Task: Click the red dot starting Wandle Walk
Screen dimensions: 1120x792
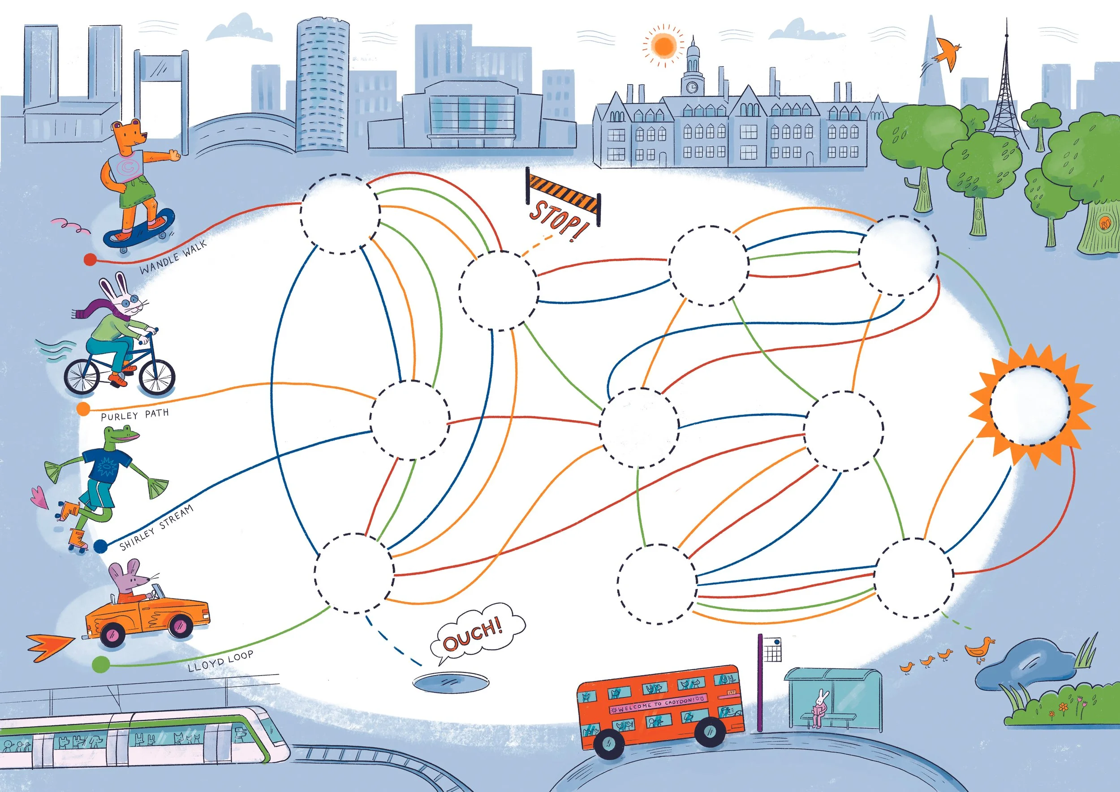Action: [x=90, y=259]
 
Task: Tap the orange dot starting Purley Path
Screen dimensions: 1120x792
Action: [x=83, y=409]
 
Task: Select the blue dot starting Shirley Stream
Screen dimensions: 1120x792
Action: [x=100, y=546]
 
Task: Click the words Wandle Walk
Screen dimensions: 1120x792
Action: [x=173, y=257]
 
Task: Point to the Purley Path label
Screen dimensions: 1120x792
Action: [x=135, y=415]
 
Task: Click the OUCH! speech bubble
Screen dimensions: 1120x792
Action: [x=477, y=633]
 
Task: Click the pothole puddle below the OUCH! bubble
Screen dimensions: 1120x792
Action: [x=451, y=681]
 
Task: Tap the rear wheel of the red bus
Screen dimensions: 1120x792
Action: [x=608, y=743]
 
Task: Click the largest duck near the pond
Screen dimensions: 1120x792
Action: [x=979, y=650]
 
